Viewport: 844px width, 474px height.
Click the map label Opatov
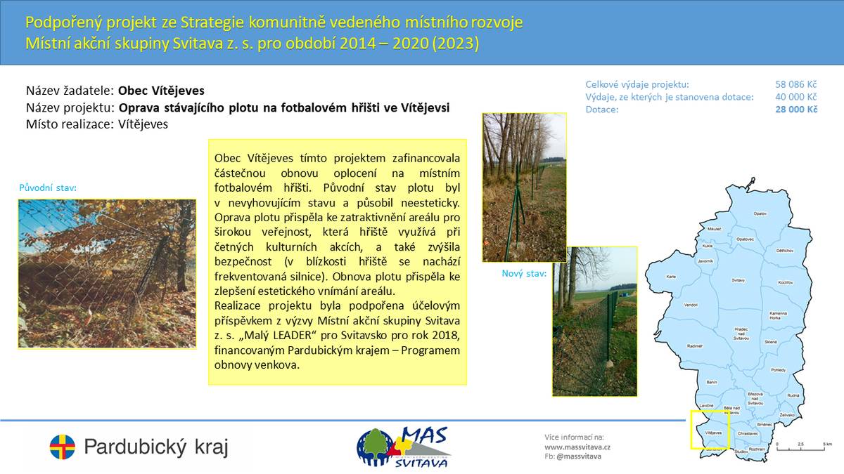[x=760, y=213]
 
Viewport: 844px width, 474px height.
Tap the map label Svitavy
[x=738, y=279]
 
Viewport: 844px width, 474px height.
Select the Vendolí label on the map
[x=691, y=305]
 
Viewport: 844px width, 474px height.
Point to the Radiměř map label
[x=695, y=345]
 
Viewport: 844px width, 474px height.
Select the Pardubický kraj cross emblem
[x=62, y=447]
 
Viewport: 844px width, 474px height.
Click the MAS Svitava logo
[x=404, y=447]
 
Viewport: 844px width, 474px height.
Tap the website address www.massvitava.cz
[x=577, y=447]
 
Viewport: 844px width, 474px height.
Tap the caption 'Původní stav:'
[x=48, y=188]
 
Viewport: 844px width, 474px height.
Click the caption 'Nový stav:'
[x=524, y=273]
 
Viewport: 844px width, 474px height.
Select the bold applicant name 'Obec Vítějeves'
[x=161, y=91]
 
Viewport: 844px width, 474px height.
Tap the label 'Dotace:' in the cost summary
[x=602, y=110]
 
